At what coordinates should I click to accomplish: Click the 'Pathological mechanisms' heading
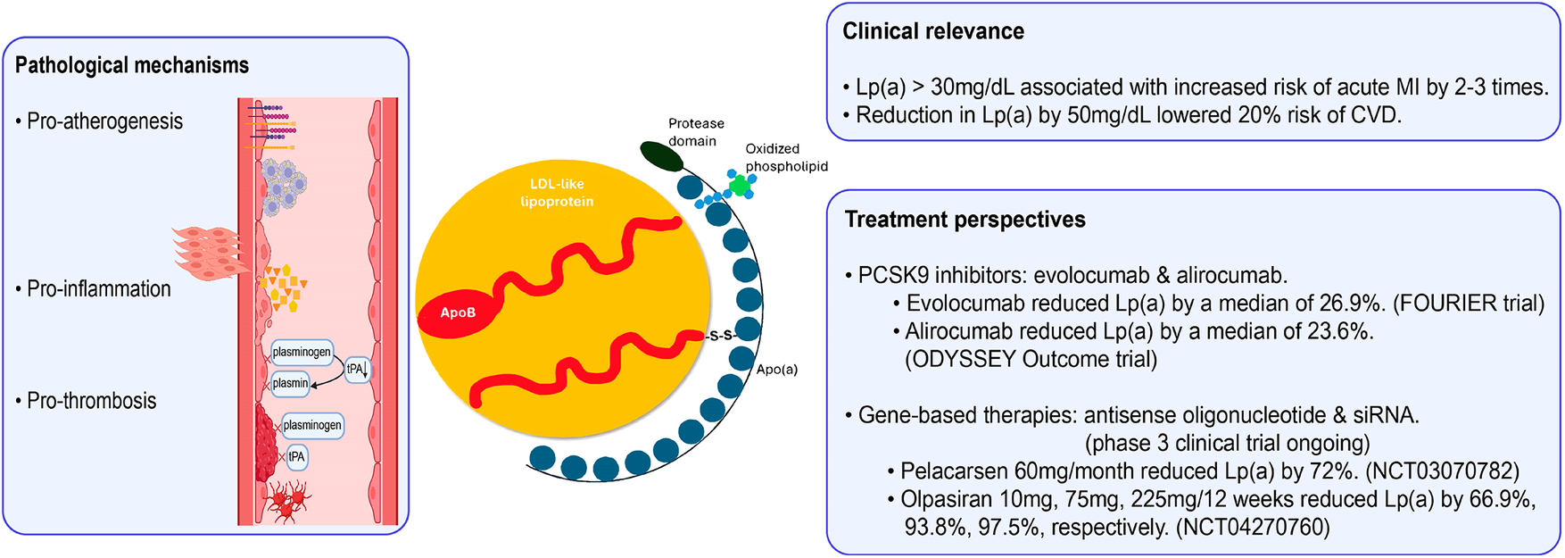132,65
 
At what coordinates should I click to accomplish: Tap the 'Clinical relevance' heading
932,31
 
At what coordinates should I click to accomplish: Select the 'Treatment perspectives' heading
965,220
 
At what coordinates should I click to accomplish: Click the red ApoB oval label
458,312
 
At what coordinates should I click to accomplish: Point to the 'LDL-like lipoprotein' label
557,193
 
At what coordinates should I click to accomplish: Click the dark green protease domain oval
661,156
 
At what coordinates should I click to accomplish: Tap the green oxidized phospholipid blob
738,185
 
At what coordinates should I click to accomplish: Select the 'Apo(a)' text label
777,369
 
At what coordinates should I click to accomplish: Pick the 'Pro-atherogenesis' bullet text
104,121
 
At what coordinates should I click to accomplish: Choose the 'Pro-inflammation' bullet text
98,289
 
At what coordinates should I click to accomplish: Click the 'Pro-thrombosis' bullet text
91,401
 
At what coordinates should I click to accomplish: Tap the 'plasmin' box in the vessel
290,383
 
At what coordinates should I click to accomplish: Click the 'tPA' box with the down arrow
357,369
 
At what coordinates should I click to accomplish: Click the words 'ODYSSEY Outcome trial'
1031,359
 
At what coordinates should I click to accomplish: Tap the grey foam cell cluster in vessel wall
284,186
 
